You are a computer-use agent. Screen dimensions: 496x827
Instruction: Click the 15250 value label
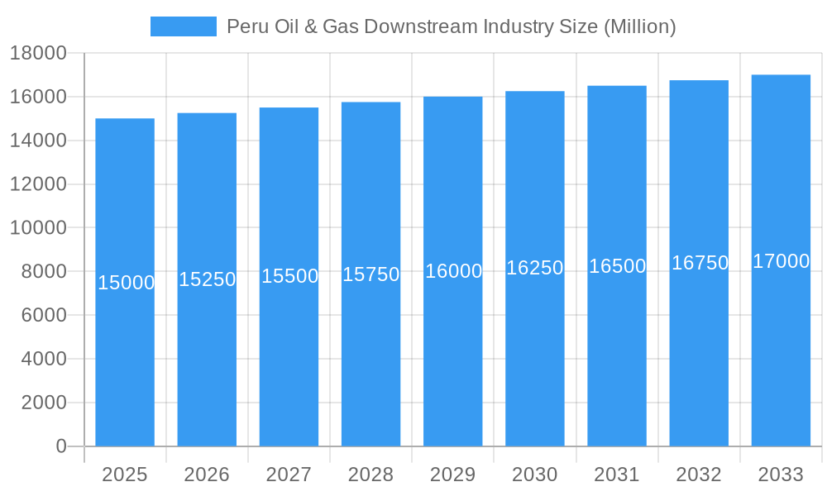pyautogui.click(x=208, y=279)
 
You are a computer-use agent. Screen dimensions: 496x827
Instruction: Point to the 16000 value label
pyautogui.click(x=453, y=271)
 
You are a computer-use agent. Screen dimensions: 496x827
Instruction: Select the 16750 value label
pyautogui.click(x=700, y=263)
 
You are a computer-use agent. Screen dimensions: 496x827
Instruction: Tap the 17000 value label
pyautogui.click(x=781, y=261)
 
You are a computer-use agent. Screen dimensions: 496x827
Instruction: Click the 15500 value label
pyautogui.click(x=289, y=276)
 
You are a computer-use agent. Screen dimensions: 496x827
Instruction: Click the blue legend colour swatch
pyautogui.click(x=183, y=26)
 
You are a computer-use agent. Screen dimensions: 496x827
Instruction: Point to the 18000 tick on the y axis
pyautogui.click(x=38, y=53)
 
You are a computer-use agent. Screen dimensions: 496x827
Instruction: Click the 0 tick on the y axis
pyautogui.click(x=61, y=446)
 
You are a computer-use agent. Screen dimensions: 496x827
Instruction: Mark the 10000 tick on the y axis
pyautogui.click(x=38, y=227)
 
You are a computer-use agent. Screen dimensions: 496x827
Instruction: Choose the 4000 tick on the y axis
pyautogui.click(x=43, y=359)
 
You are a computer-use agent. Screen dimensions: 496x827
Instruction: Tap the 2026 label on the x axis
pyautogui.click(x=207, y=475)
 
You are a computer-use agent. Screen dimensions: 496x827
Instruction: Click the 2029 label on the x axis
pyautogui.click(x=453, y=475)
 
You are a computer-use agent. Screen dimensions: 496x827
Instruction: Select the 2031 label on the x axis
pyautogui.click(x=617, y=475)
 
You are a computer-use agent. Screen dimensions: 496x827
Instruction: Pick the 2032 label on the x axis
pyautogui.click(x=699, y=475)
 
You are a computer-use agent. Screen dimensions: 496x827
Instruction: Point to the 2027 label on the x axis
pyautogui.click(x=289, y=475)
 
